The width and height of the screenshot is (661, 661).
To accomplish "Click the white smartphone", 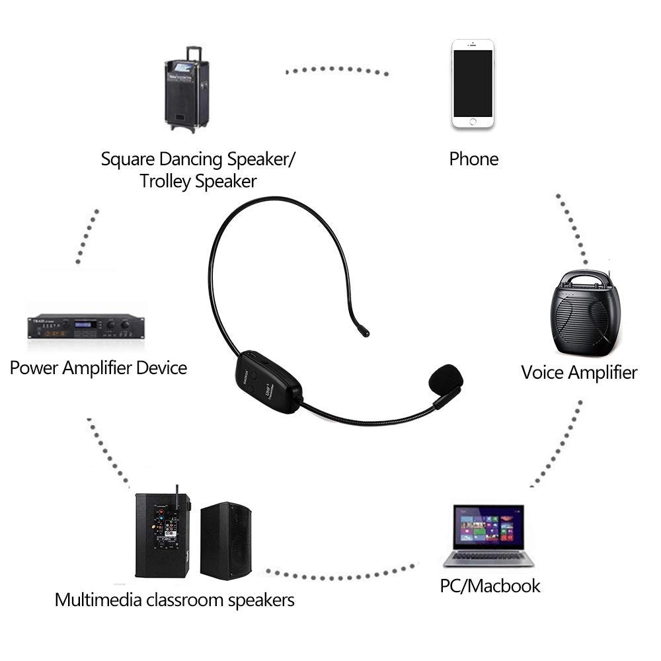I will (x=473, y=84).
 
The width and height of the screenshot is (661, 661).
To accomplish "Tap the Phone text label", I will (x=473, y=159).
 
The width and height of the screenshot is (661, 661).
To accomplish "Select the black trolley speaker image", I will (x=186, y=93).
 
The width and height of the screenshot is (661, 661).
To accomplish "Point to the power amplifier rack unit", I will (x=86, y=326).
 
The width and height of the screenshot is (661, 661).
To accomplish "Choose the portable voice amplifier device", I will (x=586, y=314).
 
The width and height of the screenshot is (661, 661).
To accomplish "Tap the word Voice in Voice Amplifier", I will (x=543, y=372).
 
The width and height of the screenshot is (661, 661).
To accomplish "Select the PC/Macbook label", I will (x=490, y=586).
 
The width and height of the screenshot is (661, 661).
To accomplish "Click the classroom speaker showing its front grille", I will (x=225, y=541).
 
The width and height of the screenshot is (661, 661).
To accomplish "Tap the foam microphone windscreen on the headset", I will (x=445, y=379).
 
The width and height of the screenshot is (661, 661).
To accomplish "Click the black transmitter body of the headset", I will (x=268, y=383).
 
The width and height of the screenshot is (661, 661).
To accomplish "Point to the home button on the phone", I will (x=473, y=121).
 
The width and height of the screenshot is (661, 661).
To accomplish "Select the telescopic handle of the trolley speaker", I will (x=194, y=52).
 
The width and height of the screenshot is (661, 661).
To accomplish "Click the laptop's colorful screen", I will (x=488, y=526).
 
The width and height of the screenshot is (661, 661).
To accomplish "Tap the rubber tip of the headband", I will (x=363, y=331).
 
